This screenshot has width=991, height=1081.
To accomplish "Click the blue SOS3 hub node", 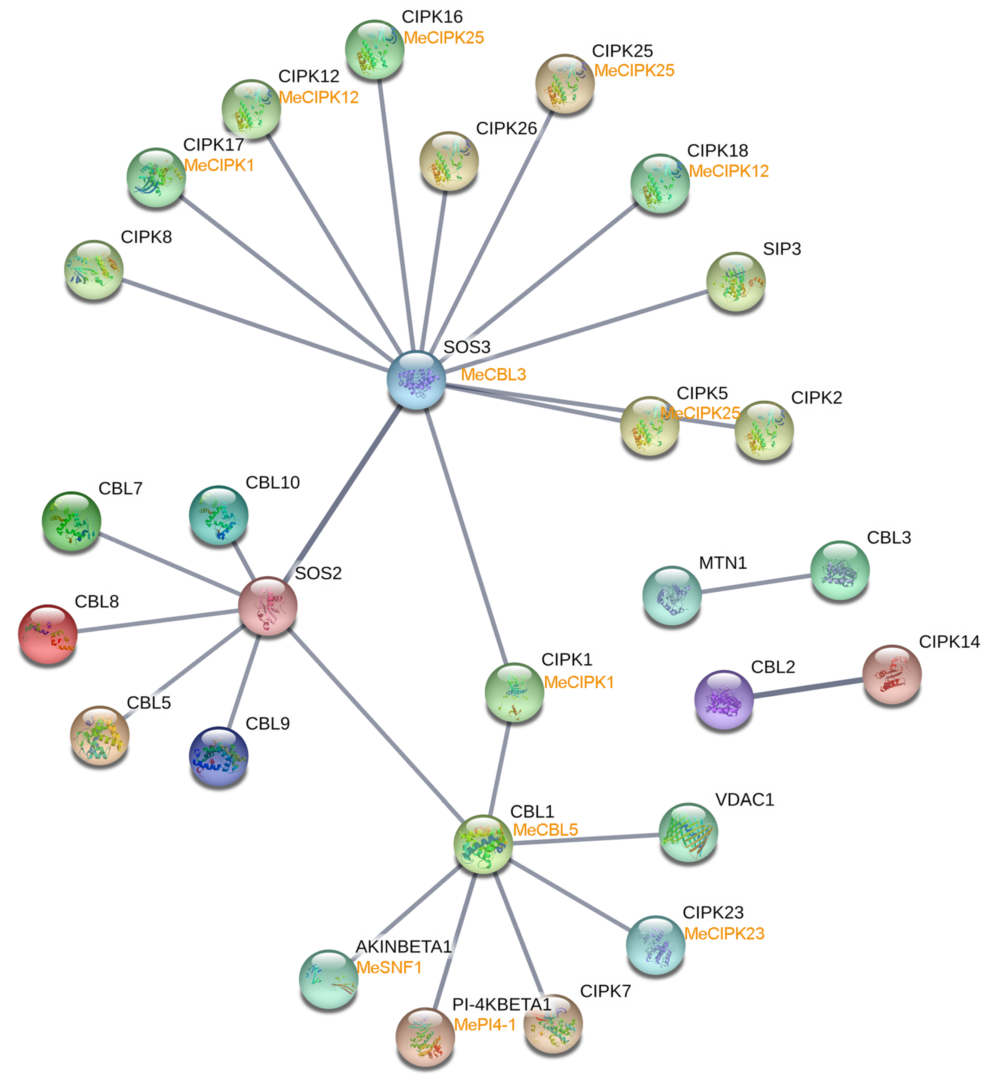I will (x=416, y=380).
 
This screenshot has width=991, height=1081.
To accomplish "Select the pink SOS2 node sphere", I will (x=268, y=606).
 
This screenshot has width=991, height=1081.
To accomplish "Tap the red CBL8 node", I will (x=48, y=634).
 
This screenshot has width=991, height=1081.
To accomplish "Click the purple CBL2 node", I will (x=724, y=699).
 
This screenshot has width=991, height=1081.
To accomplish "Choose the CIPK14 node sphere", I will (x=892, y=674).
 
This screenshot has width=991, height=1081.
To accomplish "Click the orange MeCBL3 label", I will (x=493, y=374).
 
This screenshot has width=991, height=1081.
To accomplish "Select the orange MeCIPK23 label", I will (x=724, y=934).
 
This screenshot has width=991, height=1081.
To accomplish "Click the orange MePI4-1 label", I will (x=485, y=1025).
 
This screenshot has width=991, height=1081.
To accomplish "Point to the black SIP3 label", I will (x=782, y=249).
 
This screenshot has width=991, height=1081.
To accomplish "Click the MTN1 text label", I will (x=723, y=563).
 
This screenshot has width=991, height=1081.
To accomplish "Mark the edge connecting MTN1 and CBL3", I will (x=756, y=584).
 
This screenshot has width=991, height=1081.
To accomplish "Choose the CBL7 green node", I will (x=71, y=520).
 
